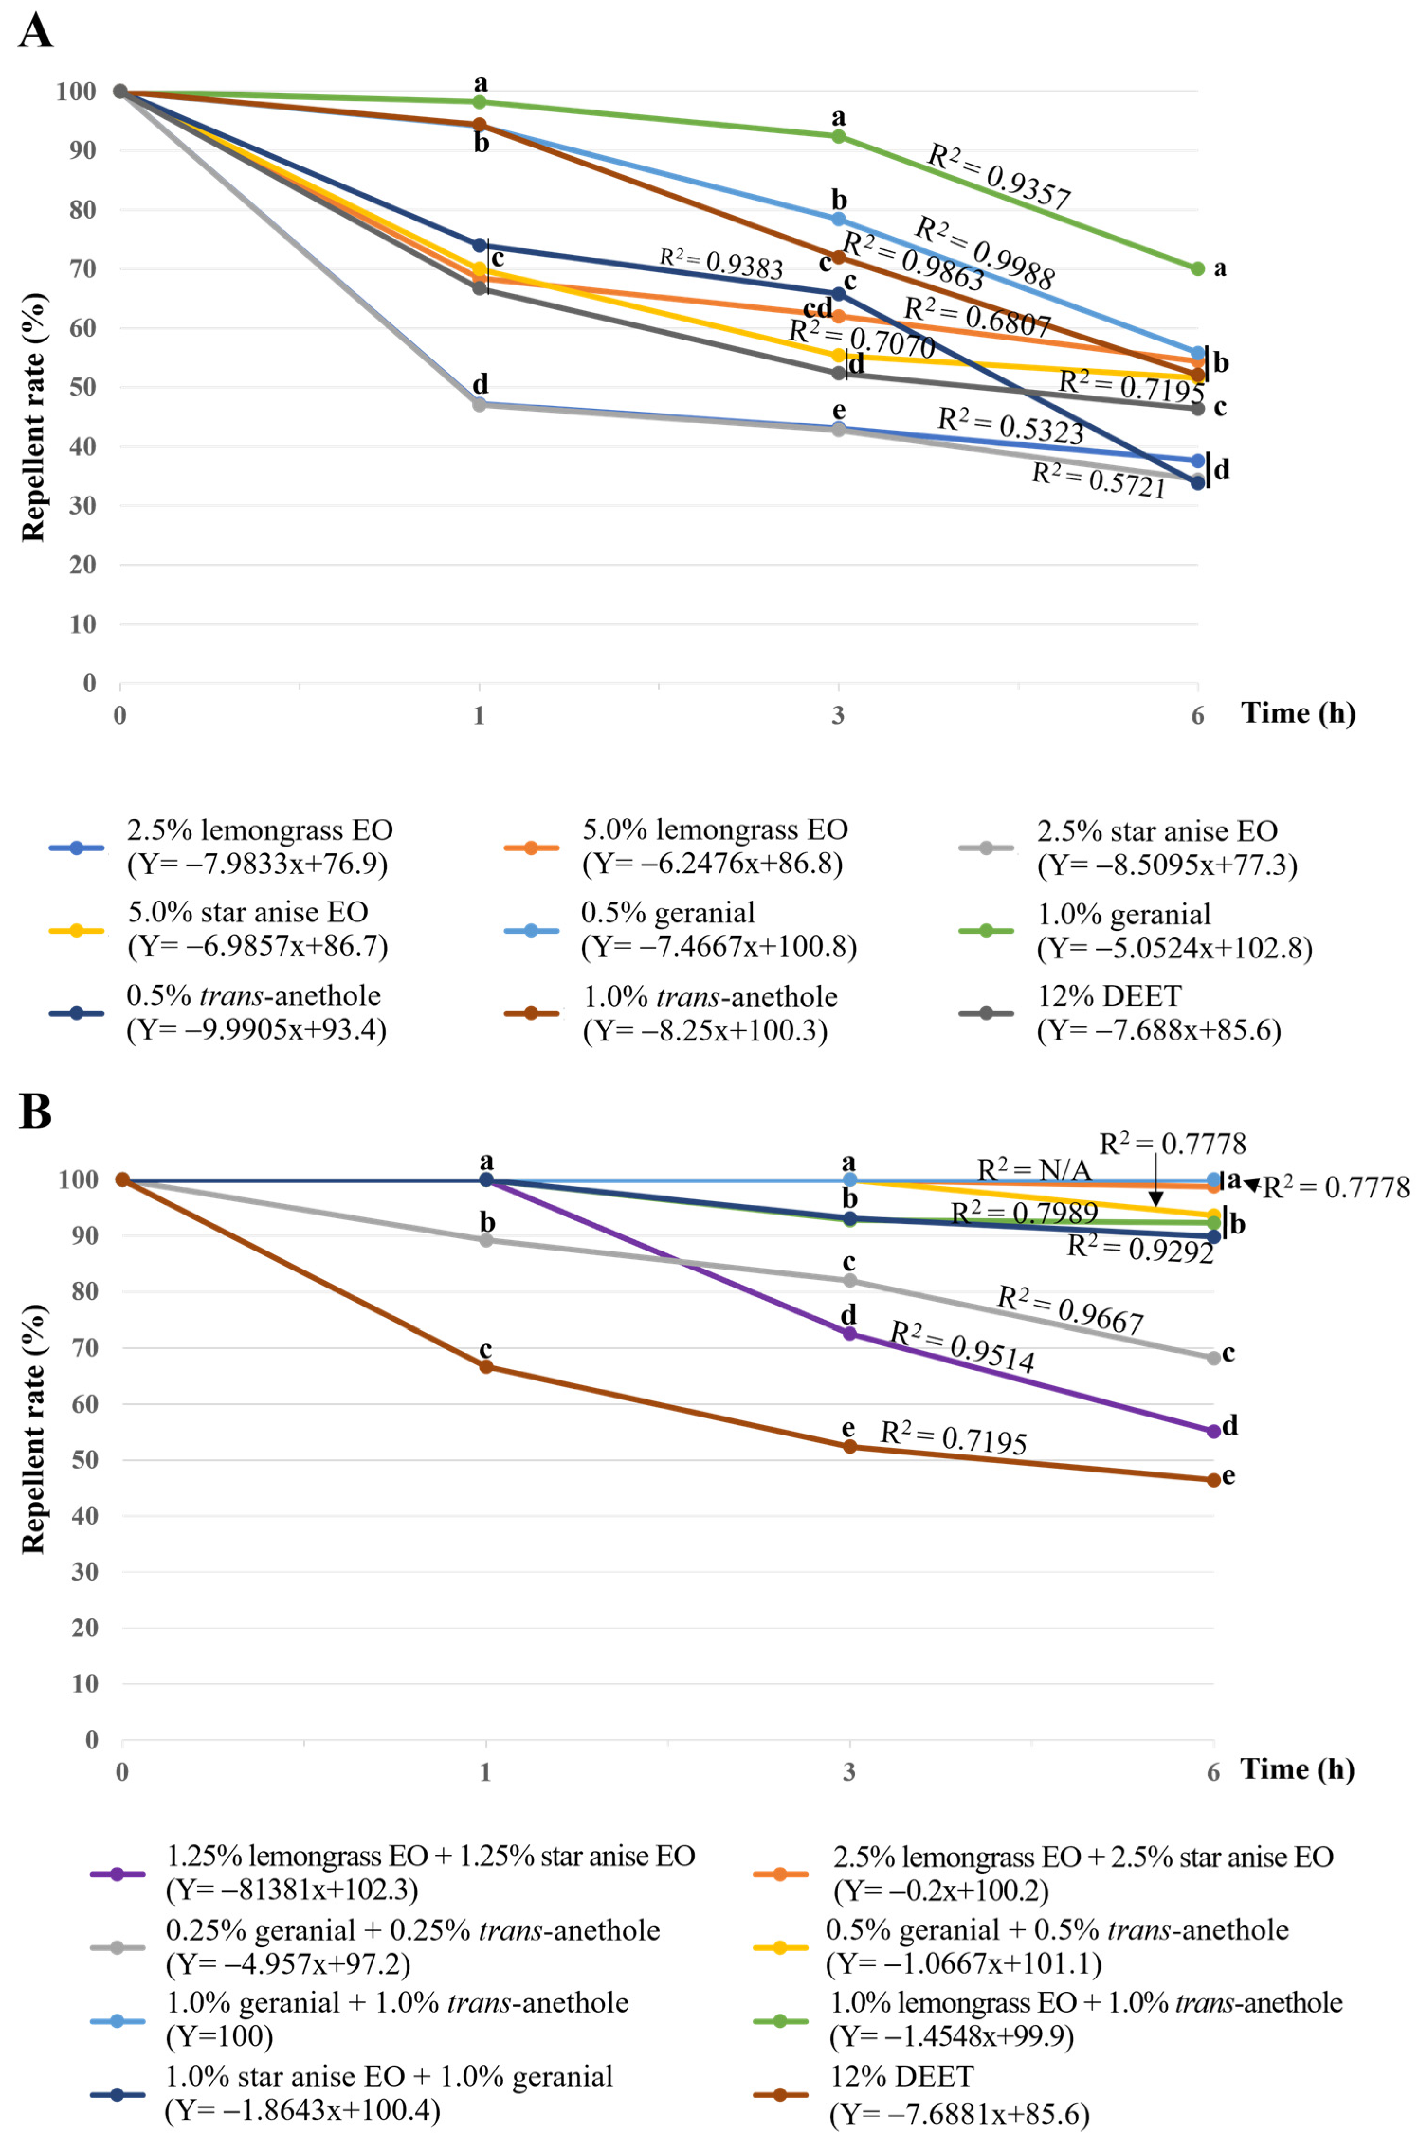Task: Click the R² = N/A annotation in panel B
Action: pos(1034,1171)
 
